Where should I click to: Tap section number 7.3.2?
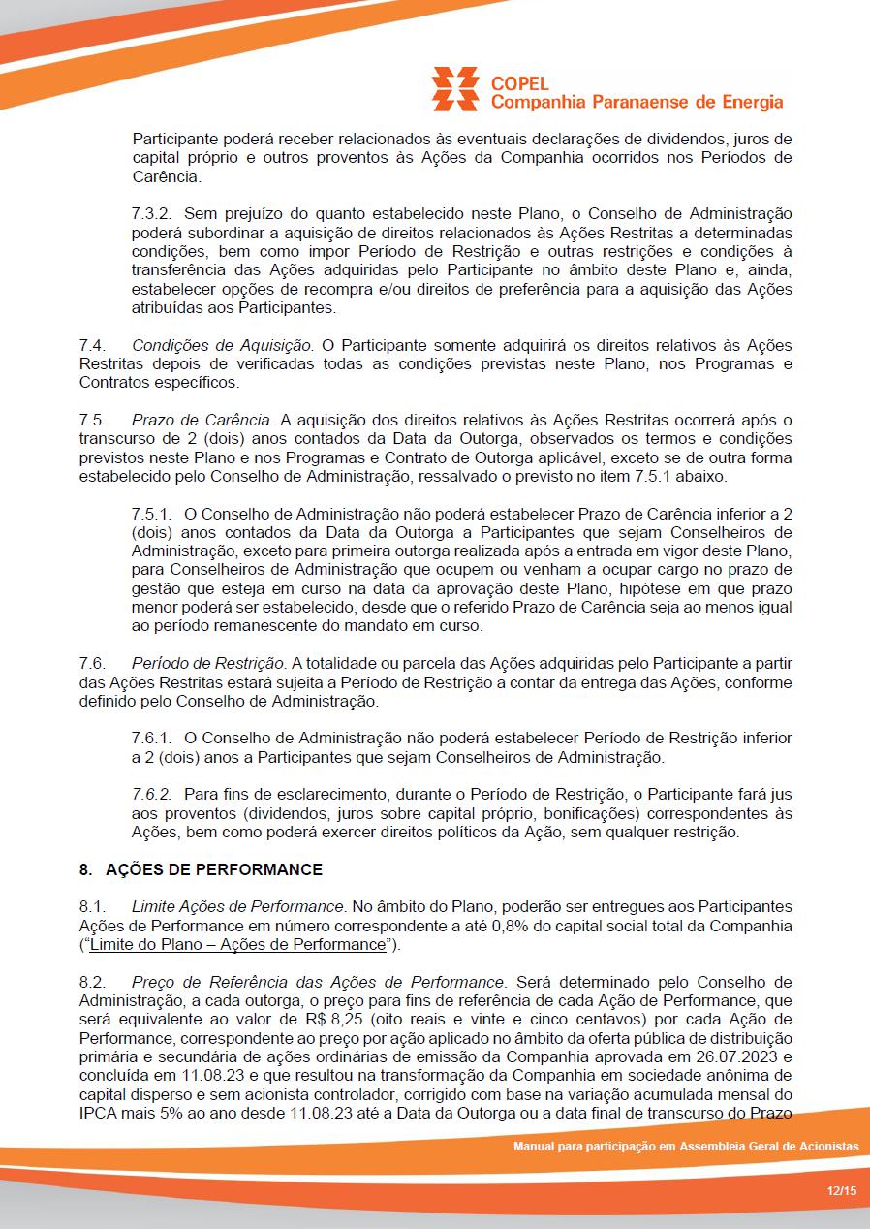click(x=153, y=213)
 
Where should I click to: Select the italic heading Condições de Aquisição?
click(x=222, y=345)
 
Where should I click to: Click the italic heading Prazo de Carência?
click(x=202, y=420)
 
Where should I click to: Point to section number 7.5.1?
click(x=152, y=513)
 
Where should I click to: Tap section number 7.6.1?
click(x=152, y=739)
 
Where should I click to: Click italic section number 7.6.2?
click(x=152, y=794)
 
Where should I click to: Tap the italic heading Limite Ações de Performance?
click(x=238, y=906)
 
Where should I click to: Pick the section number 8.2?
click(x=92, y=982)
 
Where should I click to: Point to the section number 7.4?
click(x=92, y=345)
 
